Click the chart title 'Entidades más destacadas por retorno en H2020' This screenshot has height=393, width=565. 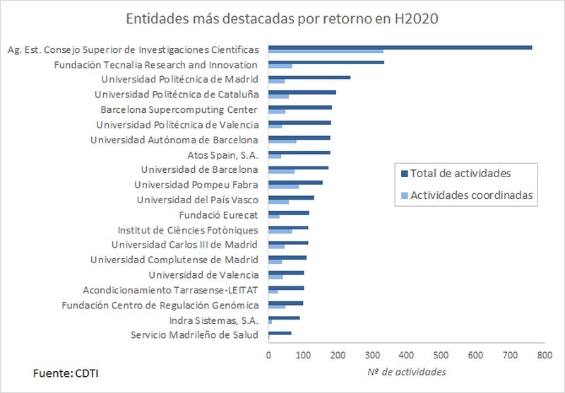click(282, 19)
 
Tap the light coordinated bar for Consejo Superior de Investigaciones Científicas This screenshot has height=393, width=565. click(326, 52)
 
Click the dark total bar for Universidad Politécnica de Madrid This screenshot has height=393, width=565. click(309, 78)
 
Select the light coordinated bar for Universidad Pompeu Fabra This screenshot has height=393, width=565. click(284, 187)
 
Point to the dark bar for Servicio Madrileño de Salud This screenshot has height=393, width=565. click(280, 332)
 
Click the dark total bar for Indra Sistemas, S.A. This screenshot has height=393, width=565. click(284, 318)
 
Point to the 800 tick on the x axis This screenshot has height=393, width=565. click(543, 356)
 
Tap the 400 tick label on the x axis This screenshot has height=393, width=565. click(405, 356)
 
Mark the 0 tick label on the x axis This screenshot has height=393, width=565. click(268, 356)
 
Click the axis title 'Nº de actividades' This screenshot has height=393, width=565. click(406, 372)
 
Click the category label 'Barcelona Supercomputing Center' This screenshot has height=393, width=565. click(179, 109)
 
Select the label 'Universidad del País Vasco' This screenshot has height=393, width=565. click(198, 200)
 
